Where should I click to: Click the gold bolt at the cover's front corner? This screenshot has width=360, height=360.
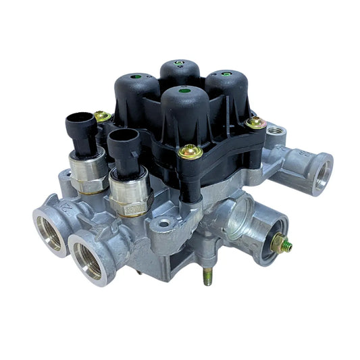[x=190, y=151]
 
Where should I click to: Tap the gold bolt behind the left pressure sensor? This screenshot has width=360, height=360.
[x=103, y=117]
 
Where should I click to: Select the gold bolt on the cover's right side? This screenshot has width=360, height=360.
[x=255, y=122]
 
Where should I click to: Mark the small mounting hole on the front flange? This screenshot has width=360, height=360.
[x=164, y=222]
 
